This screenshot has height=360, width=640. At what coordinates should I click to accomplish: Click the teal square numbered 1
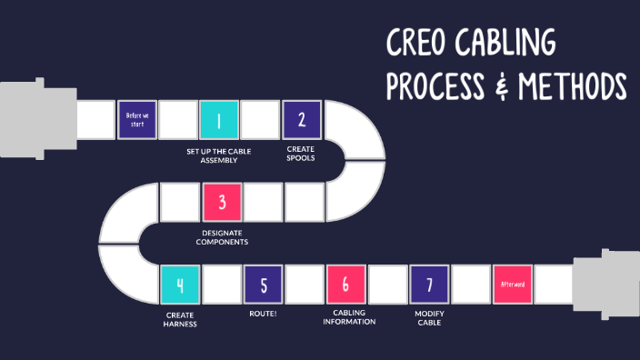pos(218,119)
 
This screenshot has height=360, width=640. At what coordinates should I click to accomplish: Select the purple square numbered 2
pos(302,119)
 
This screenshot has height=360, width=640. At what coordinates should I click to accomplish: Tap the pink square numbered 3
pos(222,202)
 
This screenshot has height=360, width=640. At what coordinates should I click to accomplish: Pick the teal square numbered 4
pos(180,285)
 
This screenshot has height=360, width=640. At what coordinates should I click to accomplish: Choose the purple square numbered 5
pos(264,285)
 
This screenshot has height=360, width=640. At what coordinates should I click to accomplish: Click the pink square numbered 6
pos(346,285)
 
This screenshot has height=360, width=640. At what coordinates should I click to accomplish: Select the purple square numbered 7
pos(429,285)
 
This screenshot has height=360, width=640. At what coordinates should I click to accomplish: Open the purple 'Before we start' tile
pos(136,119)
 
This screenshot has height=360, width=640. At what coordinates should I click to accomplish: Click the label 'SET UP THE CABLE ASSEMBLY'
pos(218,155)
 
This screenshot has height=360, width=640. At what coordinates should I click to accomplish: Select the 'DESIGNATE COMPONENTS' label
pos(223,237)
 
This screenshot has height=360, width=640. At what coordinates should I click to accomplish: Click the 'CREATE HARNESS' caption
pos(180,319)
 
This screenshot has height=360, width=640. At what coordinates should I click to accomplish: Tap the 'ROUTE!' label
pos(264,315)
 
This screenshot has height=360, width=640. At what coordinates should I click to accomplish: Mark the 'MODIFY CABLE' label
pos(429,319)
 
